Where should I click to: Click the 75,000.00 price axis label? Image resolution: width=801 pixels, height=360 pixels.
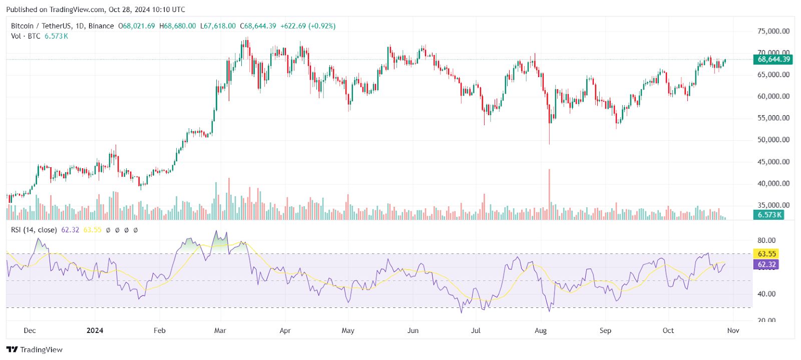click(773, 31)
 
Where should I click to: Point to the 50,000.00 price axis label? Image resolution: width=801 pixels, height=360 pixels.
click(773, 140)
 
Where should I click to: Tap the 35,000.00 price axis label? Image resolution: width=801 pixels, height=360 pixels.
click(773, 205)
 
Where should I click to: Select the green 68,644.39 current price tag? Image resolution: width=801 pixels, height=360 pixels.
click(773, 60)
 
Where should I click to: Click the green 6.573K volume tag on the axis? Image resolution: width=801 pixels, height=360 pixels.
click(769, 215)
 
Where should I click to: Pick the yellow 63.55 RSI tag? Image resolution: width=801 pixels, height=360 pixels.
click(766, 254)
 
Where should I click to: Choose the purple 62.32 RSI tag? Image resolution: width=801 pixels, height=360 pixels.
click(766, 264)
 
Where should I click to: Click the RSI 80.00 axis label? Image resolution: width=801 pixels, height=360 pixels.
click(766, 240)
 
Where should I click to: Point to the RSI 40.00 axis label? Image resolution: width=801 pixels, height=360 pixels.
click(766, 294)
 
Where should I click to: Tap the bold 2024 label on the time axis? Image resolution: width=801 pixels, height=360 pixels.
click(95, 330)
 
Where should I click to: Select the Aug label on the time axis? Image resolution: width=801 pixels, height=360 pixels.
click(541, 330)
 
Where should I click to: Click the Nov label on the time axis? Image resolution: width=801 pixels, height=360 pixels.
click(733, 330)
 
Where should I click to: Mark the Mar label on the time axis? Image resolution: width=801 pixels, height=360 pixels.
click(220, 330)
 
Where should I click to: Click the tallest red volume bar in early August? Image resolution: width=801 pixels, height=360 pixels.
click(549, 193)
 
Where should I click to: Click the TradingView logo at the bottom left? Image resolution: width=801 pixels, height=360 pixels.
click(34, 349)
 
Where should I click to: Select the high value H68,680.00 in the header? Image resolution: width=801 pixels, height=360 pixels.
click(178, 26)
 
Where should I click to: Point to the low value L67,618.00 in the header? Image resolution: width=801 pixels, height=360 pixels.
click(218, 26)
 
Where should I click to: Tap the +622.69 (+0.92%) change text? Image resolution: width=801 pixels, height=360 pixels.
click(308, 26)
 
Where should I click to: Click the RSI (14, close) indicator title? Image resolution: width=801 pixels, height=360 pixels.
click(34, 230)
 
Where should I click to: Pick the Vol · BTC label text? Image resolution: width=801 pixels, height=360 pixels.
click(26, 36)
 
